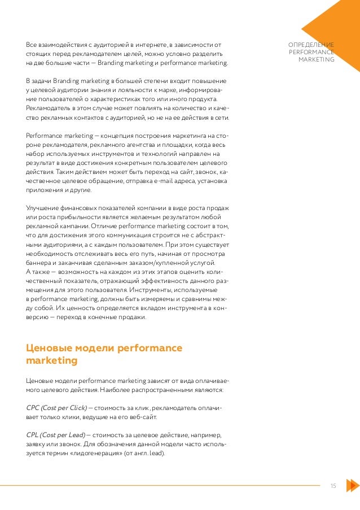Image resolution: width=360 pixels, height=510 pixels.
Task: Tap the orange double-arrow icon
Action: pyautogui.click(x=351, y=486)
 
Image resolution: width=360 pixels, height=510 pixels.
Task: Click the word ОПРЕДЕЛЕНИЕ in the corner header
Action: pyautogui.click(x=311, y=45)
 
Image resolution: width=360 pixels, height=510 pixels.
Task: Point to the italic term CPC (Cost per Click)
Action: pyautogui.click(x=56, y=407)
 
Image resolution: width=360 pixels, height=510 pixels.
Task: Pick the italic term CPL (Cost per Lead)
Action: pyautogui.click(x=56, y=435)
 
